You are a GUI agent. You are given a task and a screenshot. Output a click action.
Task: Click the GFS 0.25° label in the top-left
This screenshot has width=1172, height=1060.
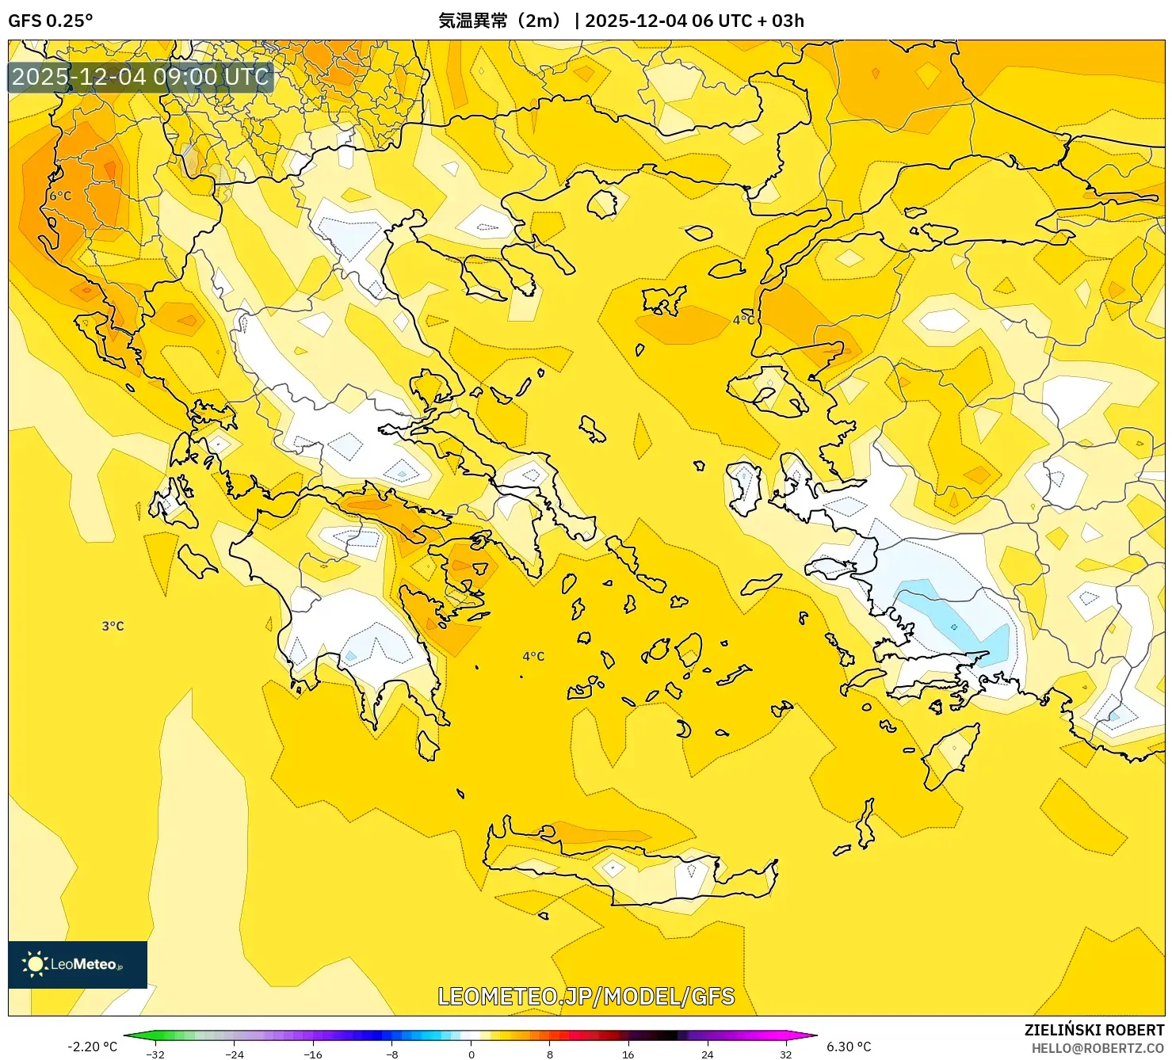50,21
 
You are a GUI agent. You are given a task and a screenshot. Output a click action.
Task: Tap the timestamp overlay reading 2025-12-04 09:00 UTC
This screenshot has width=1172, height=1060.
140,77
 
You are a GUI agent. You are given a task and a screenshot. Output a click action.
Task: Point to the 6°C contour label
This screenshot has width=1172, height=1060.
60,196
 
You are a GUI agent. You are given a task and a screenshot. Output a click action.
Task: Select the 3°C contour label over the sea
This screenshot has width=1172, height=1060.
113,626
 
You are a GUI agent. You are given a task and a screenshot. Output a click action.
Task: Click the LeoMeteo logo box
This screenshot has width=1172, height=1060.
78,964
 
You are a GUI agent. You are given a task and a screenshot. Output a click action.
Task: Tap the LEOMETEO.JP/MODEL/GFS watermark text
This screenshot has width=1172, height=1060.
586,996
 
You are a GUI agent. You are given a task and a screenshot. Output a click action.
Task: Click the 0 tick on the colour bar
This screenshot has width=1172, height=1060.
471,1054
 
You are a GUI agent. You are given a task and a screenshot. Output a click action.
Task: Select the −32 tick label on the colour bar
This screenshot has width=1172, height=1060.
155,1054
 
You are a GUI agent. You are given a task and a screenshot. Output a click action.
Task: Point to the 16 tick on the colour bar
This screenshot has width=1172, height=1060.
628,1054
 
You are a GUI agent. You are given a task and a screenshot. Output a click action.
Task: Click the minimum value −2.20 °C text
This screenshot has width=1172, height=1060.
92,1047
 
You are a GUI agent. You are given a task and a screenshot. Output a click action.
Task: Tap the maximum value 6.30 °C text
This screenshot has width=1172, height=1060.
849,1047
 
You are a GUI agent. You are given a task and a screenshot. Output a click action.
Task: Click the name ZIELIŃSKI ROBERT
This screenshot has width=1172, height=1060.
1094,1030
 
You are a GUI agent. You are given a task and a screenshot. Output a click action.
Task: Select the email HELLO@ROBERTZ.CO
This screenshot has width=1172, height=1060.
1098,1048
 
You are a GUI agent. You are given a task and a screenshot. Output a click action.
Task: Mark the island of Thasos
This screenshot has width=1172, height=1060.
602,203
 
